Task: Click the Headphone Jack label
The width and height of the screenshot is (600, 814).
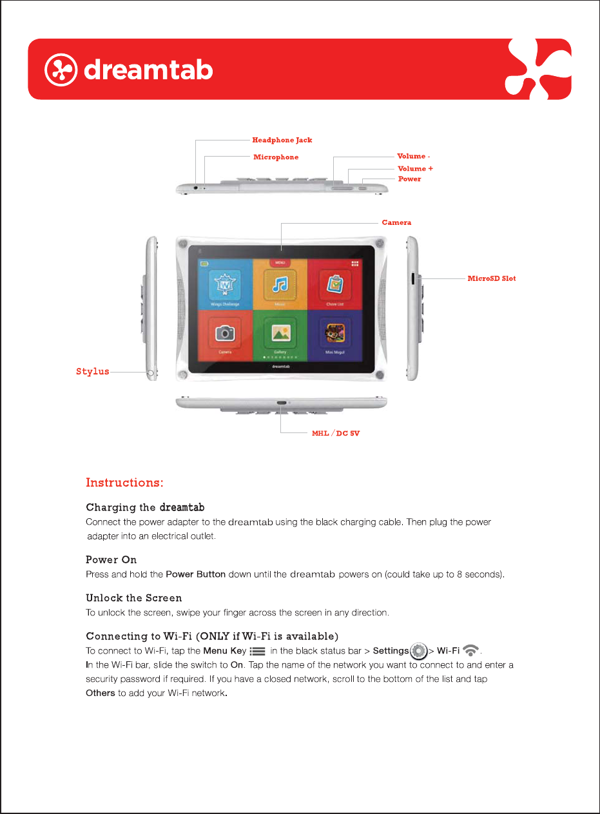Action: coord(282,140)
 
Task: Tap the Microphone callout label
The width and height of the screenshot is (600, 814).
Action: coord(276,157)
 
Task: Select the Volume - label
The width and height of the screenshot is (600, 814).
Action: coord(413,156)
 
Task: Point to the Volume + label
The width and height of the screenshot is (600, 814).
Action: coord(415,168)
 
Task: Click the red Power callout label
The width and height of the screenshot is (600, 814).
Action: coord(409,179)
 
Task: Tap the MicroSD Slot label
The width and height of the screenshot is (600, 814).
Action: coord(491,278)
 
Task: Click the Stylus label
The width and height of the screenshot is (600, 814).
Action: coord(92,371)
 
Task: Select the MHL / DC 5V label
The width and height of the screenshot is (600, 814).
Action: coord(336,433)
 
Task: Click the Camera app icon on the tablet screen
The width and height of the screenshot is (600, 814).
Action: coord(225,333)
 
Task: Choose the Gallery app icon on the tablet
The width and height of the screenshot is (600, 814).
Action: coord(280,333)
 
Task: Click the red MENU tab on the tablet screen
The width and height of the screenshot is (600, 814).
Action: coord(280,263)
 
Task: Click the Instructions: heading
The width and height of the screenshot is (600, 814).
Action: coord(124,483)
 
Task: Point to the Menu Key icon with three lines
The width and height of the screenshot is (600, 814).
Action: coord(257,652)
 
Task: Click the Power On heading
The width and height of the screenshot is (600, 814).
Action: coord(111,559)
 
